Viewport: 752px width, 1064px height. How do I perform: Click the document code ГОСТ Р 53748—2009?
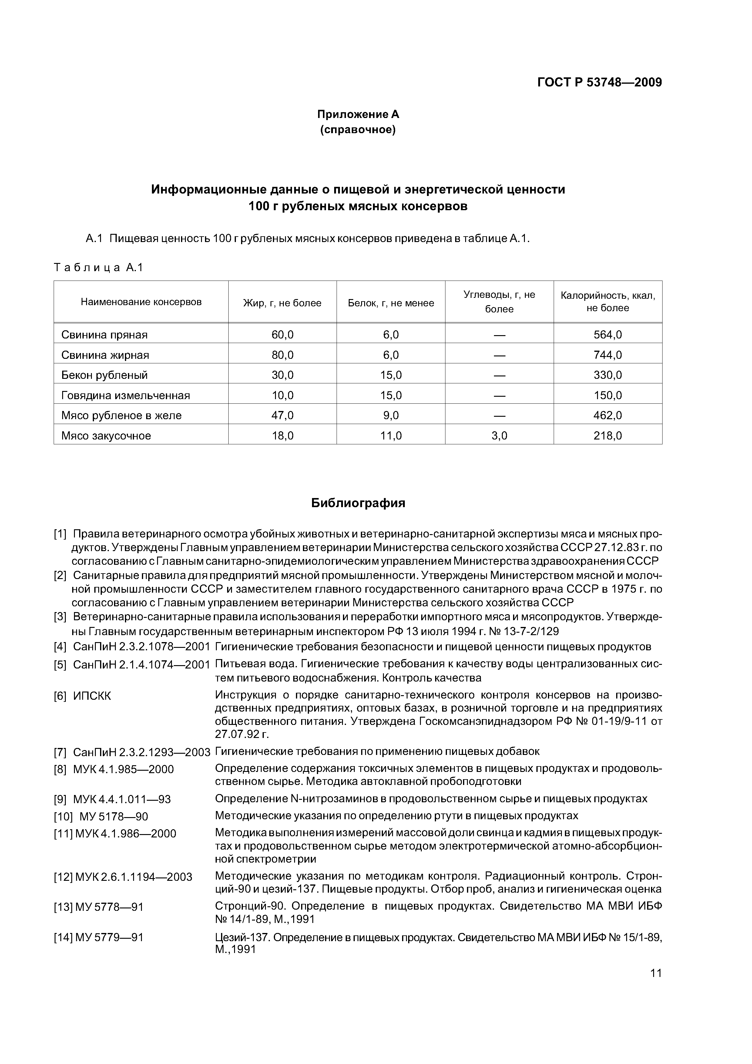(599, 82)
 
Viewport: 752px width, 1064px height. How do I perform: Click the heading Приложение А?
(358, 114)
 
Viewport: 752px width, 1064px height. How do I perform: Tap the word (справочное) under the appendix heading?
(358, 130)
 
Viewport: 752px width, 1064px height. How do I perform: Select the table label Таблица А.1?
(99, 268)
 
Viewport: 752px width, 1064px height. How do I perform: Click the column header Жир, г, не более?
(282, 303)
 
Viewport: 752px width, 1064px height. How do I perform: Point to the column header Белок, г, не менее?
(391, 303)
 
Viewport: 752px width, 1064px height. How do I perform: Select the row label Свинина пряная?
(104, 335)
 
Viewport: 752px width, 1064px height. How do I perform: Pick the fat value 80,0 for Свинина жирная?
(282, 355)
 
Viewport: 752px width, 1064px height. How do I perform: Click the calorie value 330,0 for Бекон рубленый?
(607, 375)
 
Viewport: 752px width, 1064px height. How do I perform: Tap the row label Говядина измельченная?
(126, 395)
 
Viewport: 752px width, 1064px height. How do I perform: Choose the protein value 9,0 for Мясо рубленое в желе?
(391, 415)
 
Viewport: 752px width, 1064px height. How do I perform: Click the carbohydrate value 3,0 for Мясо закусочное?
(499, 436)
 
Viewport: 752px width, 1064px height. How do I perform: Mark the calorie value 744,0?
(607, 355)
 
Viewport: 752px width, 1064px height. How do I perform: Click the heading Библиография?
(358, 503)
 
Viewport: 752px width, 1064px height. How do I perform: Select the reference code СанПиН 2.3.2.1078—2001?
(141, 646)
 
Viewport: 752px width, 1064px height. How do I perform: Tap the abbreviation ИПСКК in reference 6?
(92, 696)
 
